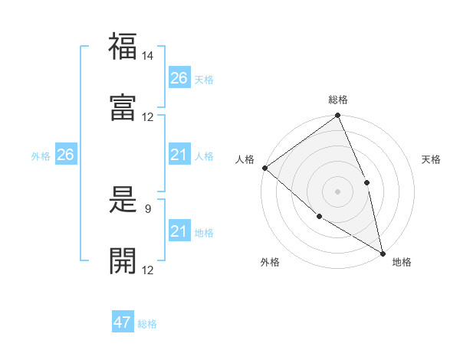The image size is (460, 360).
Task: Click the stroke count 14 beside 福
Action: tap(148, 56)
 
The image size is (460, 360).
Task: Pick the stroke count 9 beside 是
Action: tap(147, 208)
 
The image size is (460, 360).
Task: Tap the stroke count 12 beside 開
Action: tap(148, 270)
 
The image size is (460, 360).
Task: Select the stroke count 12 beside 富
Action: tap(148, 116)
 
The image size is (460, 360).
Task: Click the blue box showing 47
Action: tap(123, 322)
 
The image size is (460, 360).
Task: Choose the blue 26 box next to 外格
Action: tap(65, 155)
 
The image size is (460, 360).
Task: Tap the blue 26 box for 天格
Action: tap(179, 78)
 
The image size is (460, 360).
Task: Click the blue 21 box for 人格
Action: tap(179, 155)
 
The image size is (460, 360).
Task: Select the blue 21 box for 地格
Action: tap(179, 231)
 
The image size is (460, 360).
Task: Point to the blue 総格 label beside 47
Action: tap(147, 324)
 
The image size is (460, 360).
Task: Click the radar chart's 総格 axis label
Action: tap(338, 100)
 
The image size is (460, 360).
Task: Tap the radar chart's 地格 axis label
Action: tap(402, 262)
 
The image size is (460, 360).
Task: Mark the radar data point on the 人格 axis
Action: tap(264, 168)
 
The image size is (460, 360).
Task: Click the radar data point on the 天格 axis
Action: tap(366, 182)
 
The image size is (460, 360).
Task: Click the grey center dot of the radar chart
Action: tap(338, 191)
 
